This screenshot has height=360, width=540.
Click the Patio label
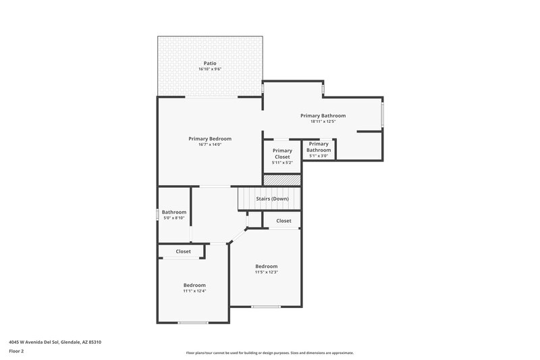tap(210, 63)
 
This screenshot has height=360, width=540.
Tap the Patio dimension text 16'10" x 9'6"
tap(210, 70)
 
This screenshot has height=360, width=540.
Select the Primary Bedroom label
tap(210, 138)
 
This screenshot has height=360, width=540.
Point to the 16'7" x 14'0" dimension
tap(210, 145)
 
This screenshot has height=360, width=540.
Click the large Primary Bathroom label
tap(323, 115)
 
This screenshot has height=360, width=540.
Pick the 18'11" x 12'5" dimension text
tap(323, 122)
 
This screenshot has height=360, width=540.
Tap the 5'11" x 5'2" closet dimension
tap(282, 163)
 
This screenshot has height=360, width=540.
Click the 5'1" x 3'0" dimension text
tap(319, 156)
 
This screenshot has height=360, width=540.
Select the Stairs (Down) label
tap(272, 199)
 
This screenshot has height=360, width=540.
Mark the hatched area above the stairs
tap(281, 180)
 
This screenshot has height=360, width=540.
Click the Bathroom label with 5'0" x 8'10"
tap(173, 212)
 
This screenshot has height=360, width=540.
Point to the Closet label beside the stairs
tap(283, 221)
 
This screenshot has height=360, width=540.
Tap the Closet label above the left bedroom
tap(184, 251)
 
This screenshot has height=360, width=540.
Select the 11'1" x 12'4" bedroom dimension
tap(194, 291)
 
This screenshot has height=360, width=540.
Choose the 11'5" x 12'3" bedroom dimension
tap(267, 272)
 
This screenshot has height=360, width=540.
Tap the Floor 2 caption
tap(16, 351)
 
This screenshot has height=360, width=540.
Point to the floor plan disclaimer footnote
tap(270, 353)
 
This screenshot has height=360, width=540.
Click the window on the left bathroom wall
tap(157, 214)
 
